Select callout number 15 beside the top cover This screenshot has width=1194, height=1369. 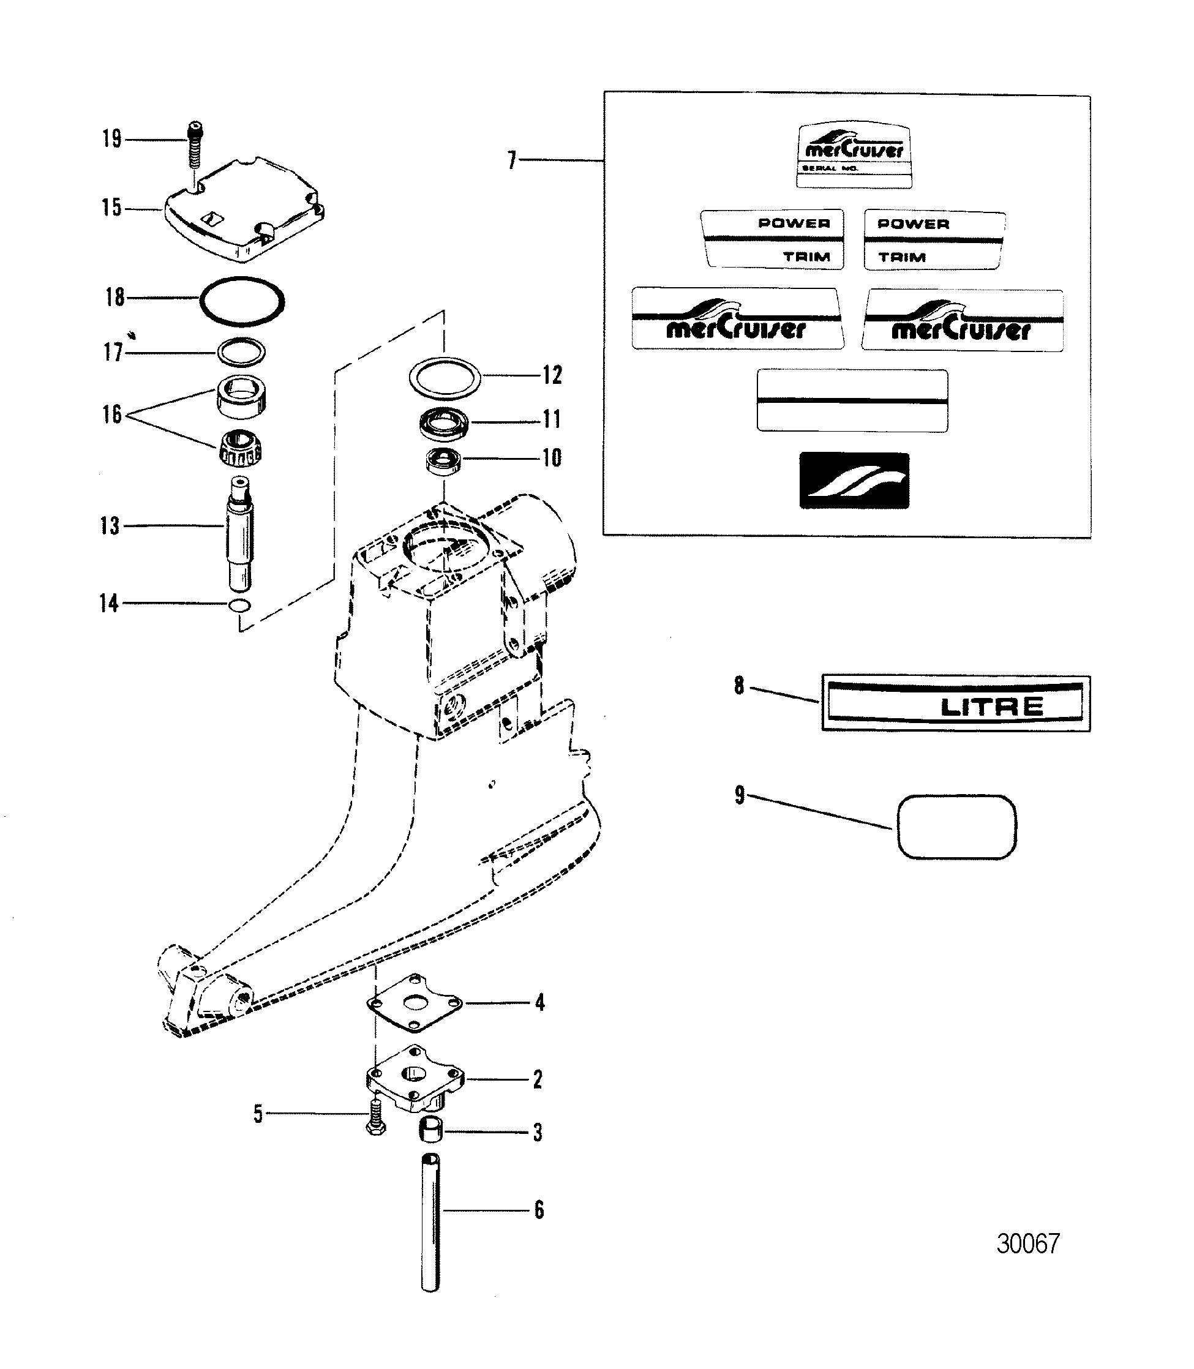tap(112, 209)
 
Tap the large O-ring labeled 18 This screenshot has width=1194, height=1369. tap(242, 301)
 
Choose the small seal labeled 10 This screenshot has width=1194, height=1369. tap(444, 461)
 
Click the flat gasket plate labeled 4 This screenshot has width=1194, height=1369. tap(416, 1003)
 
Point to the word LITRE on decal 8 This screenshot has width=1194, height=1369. tap(991, 706)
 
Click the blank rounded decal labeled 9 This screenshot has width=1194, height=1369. tap(958, 826)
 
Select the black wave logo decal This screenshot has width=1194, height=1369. tap(854, 481)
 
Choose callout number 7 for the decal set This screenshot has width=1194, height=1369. tap(512, 160)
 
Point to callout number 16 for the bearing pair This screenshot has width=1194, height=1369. tap(112, 414)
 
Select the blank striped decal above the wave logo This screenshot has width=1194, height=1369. tap(852, 401)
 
